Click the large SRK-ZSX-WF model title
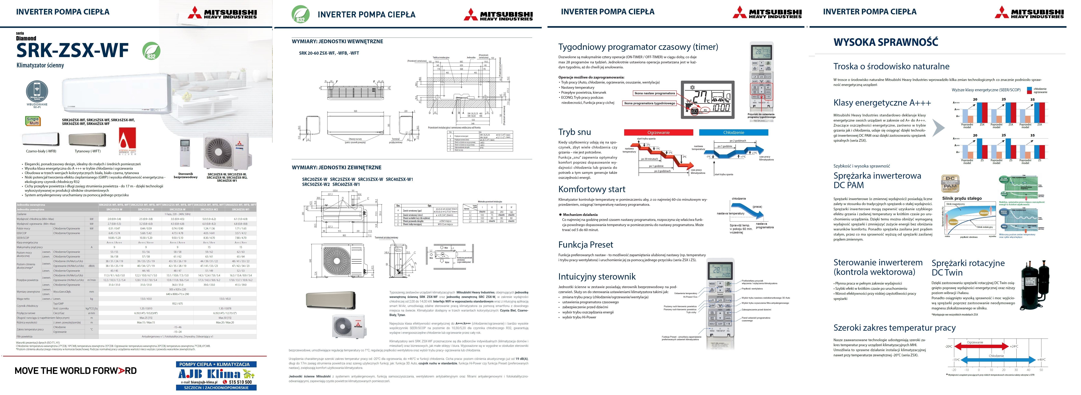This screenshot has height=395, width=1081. (x=72, y=50)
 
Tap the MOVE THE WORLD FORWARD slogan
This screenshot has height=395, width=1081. (x=76, y=371)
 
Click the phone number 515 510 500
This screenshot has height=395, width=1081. (x=240, y=382)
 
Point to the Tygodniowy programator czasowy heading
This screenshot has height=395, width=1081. (x=638, y=47)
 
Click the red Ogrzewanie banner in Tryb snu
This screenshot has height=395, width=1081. (x=658, y=132)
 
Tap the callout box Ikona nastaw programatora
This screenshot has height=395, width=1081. (x=655, y=93)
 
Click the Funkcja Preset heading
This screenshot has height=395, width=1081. (x=585, y=245)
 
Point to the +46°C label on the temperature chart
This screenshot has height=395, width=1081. (x=1041, y=360)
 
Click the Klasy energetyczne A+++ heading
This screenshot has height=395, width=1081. (x=882, y=103)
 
